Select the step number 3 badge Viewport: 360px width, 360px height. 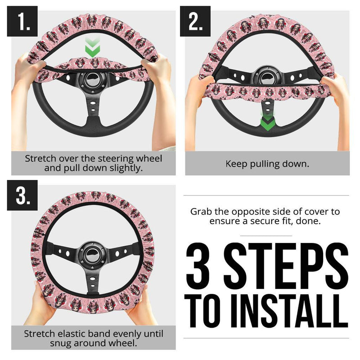pyautogui.click(x=22, y=195)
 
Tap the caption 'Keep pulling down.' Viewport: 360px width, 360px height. pyautogui.click(x=267, y=164)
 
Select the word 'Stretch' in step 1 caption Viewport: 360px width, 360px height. pyautogui.click(x=41, y=159)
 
